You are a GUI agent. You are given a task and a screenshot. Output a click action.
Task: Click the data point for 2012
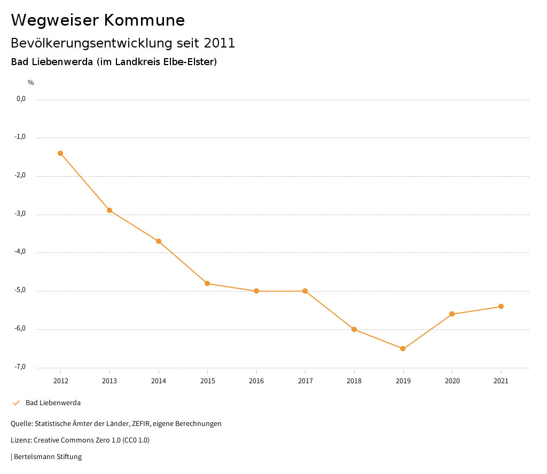point(60,153)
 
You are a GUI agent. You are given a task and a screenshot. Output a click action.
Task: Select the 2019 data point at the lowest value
point(403,349)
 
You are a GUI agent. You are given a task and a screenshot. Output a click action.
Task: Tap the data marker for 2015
point(207,283)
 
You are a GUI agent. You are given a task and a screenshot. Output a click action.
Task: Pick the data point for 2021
point(501,306)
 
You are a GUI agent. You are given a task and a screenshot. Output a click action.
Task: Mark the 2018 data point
point(354,329)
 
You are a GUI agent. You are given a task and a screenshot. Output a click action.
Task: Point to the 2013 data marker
point(110,210)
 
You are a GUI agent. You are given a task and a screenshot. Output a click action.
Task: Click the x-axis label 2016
point(256,381)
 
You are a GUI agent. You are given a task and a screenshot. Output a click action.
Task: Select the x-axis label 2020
point(452,381)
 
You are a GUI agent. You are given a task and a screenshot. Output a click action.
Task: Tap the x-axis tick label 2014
point(159,381)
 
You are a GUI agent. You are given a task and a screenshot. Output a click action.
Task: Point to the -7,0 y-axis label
point(20,367)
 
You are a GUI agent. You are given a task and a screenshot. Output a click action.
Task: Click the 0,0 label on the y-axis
point(21,99)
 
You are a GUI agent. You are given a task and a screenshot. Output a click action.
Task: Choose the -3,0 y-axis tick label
point(20,214)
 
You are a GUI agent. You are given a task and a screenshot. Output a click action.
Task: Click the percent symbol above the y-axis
point(31,83)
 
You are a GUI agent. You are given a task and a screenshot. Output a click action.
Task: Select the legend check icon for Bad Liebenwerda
point(16,403)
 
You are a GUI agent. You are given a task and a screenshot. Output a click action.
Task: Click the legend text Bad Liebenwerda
point(53,403)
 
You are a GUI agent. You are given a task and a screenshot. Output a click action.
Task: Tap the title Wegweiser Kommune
point(98,20)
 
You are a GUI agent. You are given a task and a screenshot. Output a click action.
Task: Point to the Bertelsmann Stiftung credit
point(48,457)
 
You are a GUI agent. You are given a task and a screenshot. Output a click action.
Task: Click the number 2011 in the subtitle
point(220,43)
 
